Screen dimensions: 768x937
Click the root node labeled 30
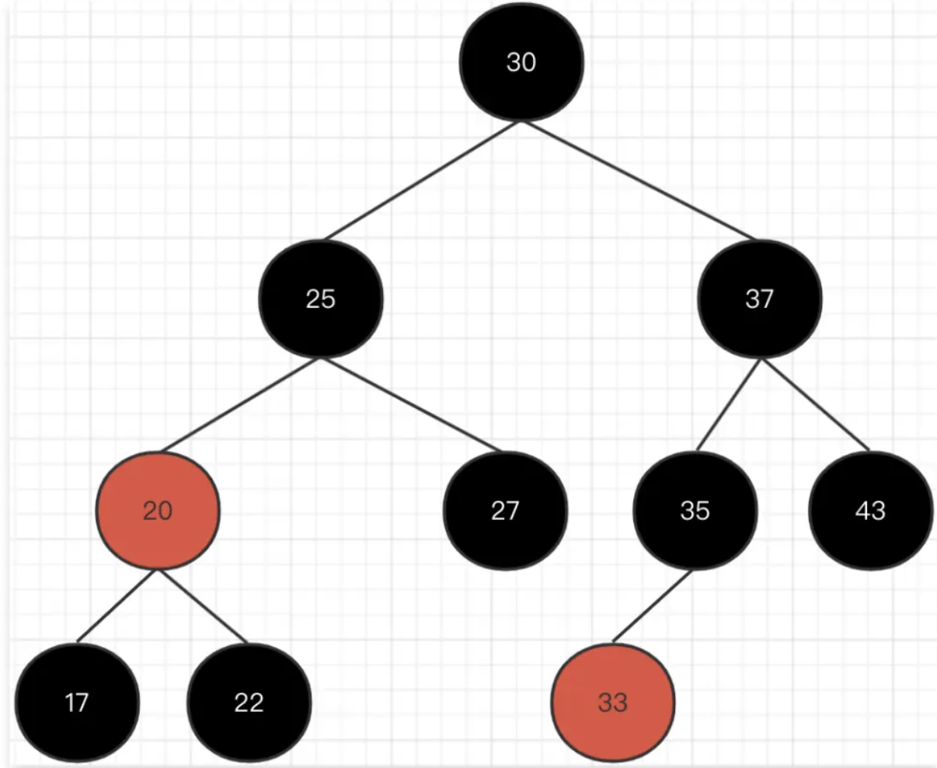coord(521,62)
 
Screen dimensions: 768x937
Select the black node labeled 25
coord(321,299)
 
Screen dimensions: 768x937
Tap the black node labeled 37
coord(759,299)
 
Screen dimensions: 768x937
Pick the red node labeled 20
coord(158,511)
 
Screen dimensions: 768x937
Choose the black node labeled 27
coord(505,511)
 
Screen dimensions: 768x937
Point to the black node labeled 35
coord(695,511)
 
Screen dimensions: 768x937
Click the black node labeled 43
coord(870,511)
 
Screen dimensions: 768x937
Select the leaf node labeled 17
coord(77,703)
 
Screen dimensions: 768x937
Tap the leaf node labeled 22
coord(249,703)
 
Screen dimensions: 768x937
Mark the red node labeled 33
coord(613,703)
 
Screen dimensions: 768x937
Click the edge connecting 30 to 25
coord(422,180)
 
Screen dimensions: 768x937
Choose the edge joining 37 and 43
coord(815,403)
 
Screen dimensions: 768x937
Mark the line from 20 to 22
coord(203,606)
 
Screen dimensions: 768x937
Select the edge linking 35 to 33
coord(653,606)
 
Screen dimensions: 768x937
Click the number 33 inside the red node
coord(613,703)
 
